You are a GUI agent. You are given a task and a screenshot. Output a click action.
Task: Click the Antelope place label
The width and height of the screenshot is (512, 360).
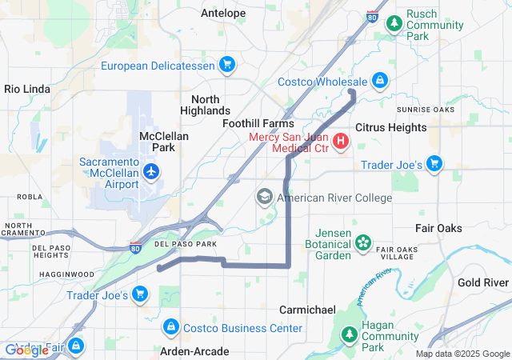point(223,13)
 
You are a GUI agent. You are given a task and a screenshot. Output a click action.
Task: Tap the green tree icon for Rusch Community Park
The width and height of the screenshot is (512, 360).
point(394,24)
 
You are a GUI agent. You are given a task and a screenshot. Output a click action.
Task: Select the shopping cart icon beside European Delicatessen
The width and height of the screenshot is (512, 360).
point(226,65)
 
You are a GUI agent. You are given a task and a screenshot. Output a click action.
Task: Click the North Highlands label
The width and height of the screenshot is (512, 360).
point(205,104)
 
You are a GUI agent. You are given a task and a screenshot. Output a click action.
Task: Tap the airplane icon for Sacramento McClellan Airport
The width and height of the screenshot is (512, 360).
point(151,171)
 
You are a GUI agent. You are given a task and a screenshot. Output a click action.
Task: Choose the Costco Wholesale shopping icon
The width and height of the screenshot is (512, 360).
point(380,81)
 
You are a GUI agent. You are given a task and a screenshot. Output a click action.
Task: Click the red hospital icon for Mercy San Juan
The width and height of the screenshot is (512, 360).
point(342,142)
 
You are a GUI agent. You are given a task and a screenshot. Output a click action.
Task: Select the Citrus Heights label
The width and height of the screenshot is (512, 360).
point(390,127)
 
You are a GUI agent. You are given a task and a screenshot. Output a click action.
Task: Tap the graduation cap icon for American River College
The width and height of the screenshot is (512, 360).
point(265,197)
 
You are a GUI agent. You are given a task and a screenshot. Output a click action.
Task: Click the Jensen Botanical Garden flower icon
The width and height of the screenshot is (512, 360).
point(363,242)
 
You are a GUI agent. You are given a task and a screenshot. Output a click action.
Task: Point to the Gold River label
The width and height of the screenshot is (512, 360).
point(483,283)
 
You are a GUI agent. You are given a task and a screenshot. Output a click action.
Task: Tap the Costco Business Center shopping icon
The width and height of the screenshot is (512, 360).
point(170,328)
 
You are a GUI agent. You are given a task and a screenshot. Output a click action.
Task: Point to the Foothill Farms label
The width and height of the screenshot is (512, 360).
point(258,124)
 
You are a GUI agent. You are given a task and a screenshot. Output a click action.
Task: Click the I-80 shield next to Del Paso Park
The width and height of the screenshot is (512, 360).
point(137,247)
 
